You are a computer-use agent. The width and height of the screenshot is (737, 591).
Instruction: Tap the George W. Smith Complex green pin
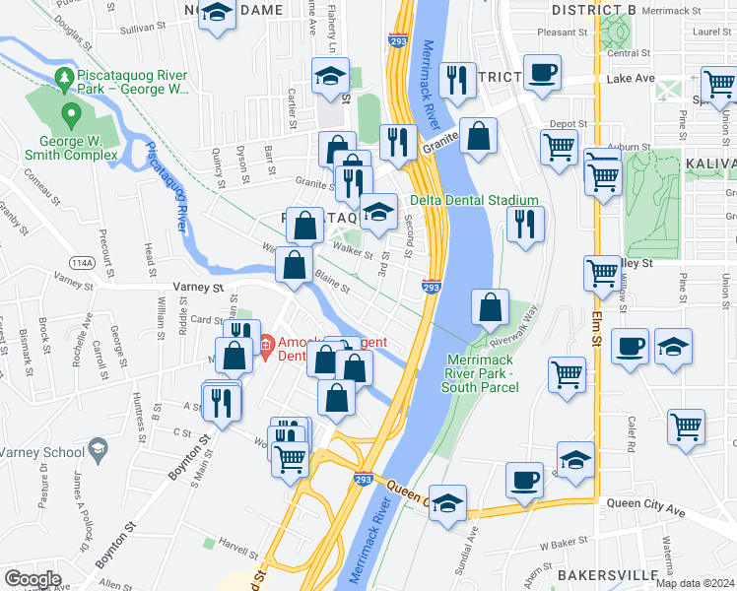pos(70,115)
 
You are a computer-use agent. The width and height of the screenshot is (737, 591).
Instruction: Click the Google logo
pos(33,579)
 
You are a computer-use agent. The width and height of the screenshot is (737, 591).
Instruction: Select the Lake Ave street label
pos(631,78)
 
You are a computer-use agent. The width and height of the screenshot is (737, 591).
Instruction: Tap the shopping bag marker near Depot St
pos(479,138)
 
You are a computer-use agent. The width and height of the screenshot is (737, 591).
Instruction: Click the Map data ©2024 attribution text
pos(695,583)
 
